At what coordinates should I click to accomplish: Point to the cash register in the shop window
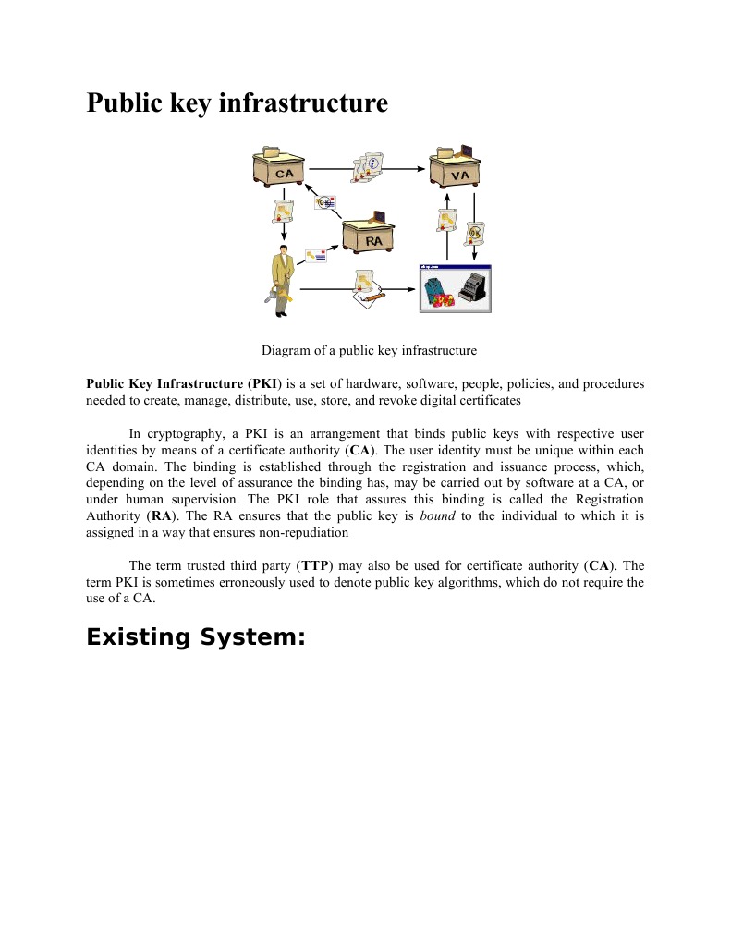[x=474, y=288]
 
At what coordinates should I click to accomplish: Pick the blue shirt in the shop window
[x=434, y=289]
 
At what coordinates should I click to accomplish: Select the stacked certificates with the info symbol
[x=368, y=168]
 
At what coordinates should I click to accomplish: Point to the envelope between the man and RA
[x=315, y=253]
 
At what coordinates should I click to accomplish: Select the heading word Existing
[x=139, y=637]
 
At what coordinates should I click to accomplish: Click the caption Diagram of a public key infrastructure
[x=369, y=350]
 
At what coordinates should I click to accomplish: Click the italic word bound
[x=437, y=515]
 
